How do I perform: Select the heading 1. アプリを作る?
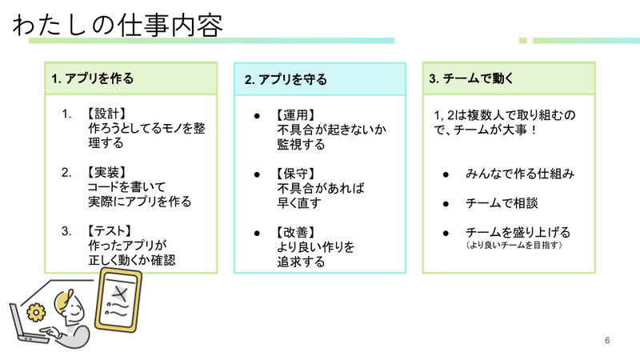click(x=92, y=78)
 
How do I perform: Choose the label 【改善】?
click(x=294, y=233)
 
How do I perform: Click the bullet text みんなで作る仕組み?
click(x=520, y=174)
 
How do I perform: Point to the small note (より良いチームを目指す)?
click(x=515, y=245)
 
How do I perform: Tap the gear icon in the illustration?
click(x=35, y=311)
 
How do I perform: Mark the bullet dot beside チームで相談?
click(x=446, y=203)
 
